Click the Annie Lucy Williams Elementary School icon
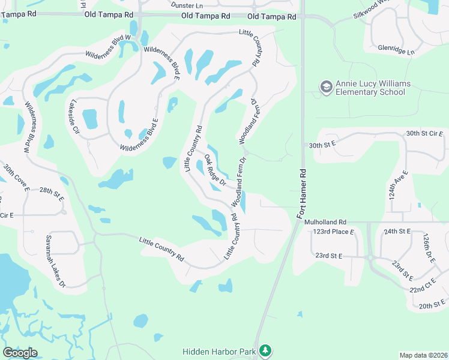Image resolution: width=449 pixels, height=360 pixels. click(x=327, y=88)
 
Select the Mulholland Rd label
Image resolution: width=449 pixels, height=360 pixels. click(x=325, y=222)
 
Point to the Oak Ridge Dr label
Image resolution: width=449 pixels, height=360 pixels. click(x=214, y=170)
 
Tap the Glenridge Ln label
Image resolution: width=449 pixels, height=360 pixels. click(x=396, y=50)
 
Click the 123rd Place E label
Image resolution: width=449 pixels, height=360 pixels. click(x=329, y=232)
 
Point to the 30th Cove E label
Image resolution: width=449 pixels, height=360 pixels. click(x=16, y=178)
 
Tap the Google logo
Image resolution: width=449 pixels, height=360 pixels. click(x=20, y=352)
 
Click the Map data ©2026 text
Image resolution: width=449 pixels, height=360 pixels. click(x=423, y=355)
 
